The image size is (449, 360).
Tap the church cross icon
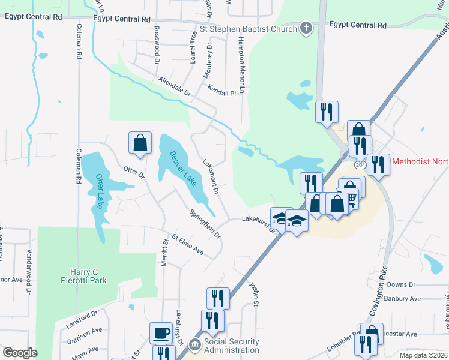[306, 28]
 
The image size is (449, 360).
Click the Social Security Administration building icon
[194, 345]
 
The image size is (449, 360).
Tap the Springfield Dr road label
[205, 223]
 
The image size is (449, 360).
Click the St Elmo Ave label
[188, 245]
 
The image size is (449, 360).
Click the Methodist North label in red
[420, 161]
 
